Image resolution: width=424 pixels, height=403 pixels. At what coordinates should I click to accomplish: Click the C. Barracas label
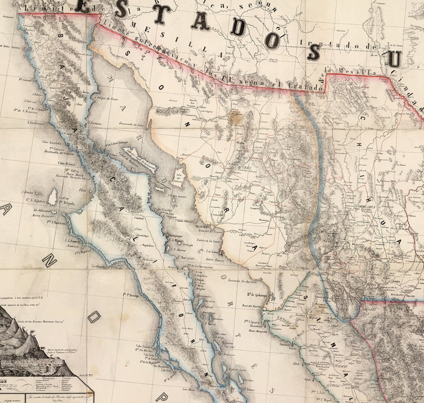click(x=187, y=257)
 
